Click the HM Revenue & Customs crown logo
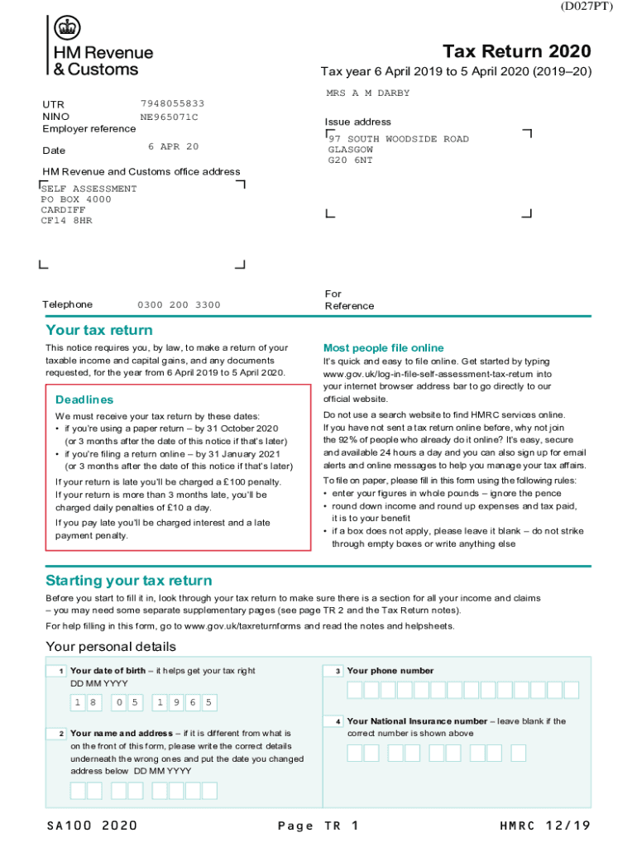[67, 29]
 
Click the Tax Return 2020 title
[517, 51]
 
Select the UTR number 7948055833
[172, 103]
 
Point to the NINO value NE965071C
[169, 117]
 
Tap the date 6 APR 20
[173, 146]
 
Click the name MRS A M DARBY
[367, 93]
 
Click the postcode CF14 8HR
[66, 221]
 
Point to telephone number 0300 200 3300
[179, 305]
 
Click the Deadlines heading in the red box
[84, 400]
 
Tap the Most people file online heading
[383, 348]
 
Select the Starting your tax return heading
[128, 580]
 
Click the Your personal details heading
[110, 646]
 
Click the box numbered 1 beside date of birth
[56, 671]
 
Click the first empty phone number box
[356, 690]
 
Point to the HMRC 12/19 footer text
[545, 825]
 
